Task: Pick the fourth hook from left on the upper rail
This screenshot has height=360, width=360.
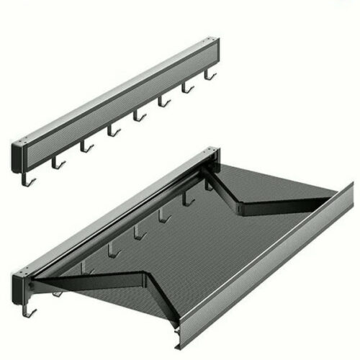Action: [112, 130]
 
